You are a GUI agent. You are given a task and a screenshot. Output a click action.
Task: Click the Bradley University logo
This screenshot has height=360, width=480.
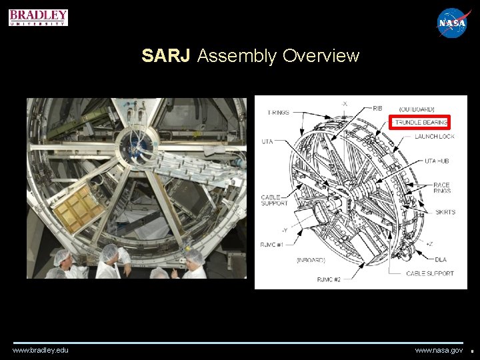(x=39, y=17)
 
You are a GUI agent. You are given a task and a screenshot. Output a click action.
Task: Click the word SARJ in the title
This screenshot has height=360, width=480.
(x=167, y=56)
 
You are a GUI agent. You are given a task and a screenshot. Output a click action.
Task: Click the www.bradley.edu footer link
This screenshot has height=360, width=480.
(x=40, y=350)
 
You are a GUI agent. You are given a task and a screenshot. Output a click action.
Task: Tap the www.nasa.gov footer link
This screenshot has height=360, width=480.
(x=439, y=350)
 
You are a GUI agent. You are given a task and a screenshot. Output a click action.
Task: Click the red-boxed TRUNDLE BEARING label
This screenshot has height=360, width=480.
(x=421, y=123)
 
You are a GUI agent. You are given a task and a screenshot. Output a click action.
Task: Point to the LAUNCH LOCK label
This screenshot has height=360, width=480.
(x=434, y=137)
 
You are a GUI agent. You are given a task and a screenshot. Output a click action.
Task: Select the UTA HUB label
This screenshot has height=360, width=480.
(x=438, y=161)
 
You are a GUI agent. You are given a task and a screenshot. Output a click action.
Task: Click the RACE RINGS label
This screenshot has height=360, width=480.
(x=441, y=187)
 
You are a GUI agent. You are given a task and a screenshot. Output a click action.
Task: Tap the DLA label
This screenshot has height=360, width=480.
(x=440, y=260)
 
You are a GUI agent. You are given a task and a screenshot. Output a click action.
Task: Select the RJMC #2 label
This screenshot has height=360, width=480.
(x=329, y=280)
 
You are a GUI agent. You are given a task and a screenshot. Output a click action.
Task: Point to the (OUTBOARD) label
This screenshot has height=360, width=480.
(x=417, y=109)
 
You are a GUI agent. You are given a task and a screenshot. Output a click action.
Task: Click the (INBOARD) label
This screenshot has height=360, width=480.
(x=311, y=260)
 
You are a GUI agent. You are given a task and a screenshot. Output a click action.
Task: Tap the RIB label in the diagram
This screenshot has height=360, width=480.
(x=377, y=107)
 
